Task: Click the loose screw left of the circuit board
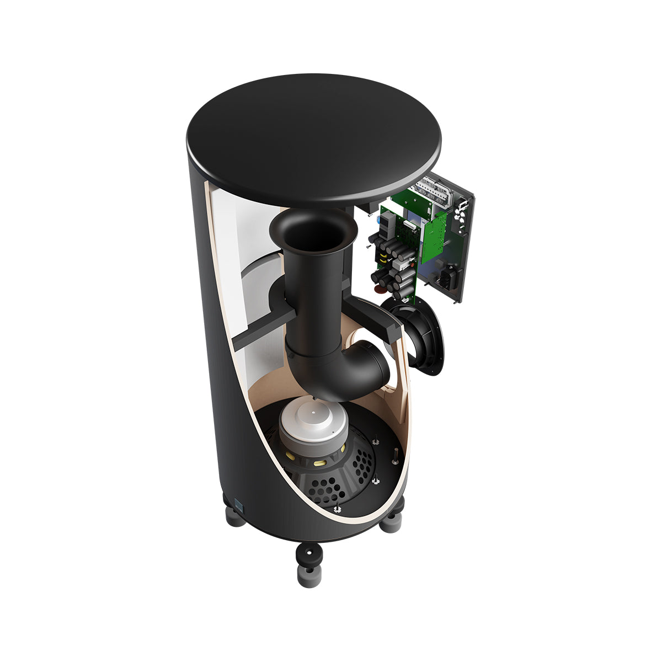click(x=366, y=248)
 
